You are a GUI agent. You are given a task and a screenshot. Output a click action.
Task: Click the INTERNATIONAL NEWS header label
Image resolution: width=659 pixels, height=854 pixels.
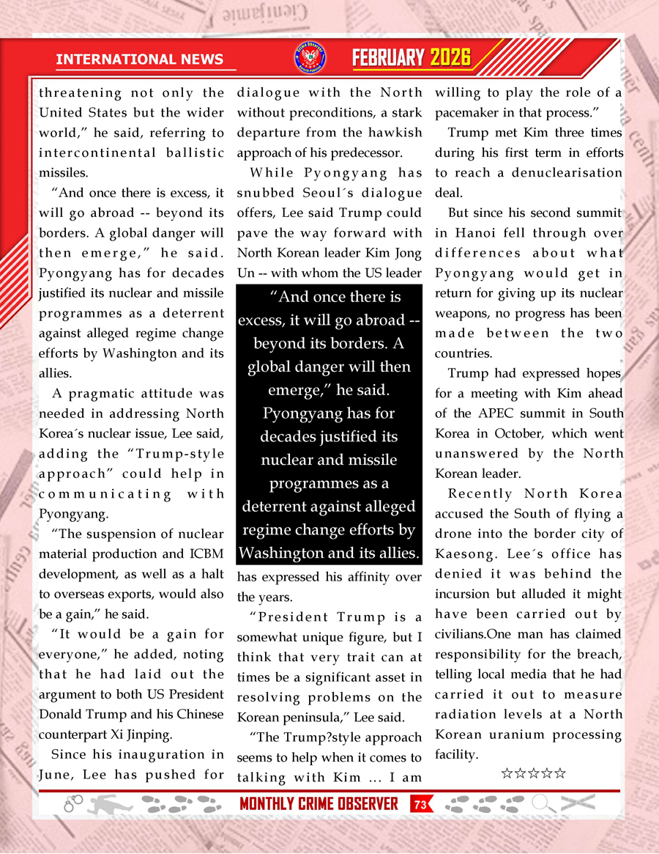click(x=135, y=59)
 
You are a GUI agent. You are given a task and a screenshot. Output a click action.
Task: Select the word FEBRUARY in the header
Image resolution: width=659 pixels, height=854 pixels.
click(x=388, y=58)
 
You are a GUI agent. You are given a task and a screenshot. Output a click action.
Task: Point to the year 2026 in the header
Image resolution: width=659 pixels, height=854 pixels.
click(x=450, y=58)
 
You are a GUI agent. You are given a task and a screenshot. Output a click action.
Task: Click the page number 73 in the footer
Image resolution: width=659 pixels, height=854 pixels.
click(x=420, y=805)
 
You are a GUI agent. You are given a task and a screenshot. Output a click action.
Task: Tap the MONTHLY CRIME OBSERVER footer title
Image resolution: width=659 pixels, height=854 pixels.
click(x=319, y=804)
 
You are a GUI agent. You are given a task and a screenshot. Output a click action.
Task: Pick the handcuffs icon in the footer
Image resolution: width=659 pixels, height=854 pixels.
click(x=73, y=805)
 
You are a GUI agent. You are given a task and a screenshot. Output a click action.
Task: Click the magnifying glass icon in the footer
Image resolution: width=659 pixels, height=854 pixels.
click(x=543, y=804)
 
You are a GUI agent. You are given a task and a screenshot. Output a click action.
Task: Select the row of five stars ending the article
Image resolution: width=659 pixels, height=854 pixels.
click(x=533, y=773)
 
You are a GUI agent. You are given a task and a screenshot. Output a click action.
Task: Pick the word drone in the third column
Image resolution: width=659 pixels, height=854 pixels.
click(x=451, y=534)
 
